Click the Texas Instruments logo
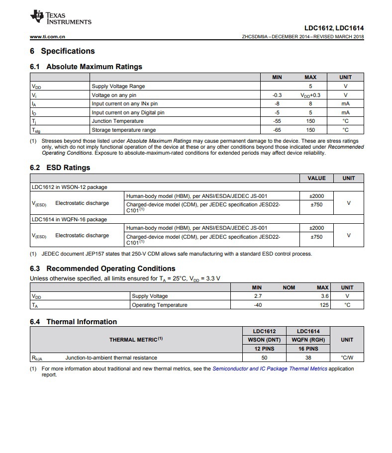click(60, 18)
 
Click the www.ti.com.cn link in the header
click(48, 37)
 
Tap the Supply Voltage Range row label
click(118, 86)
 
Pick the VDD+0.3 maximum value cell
click(310, 95)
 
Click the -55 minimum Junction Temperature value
click(277, 121)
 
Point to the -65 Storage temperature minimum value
click(277, 130)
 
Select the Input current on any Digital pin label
click(128, 112)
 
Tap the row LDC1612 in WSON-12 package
click(69, 187)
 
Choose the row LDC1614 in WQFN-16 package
click(69, 219)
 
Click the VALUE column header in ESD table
click(316, 178)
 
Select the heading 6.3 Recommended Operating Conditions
click(102, 269)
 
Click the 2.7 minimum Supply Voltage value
click(258, 296)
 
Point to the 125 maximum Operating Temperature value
click(324, 305)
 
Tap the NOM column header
click(289, 287)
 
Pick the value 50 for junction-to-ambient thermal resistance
click(264, 358)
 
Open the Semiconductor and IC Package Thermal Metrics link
click(270, 369)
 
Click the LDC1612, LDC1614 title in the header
click(334, 28)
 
